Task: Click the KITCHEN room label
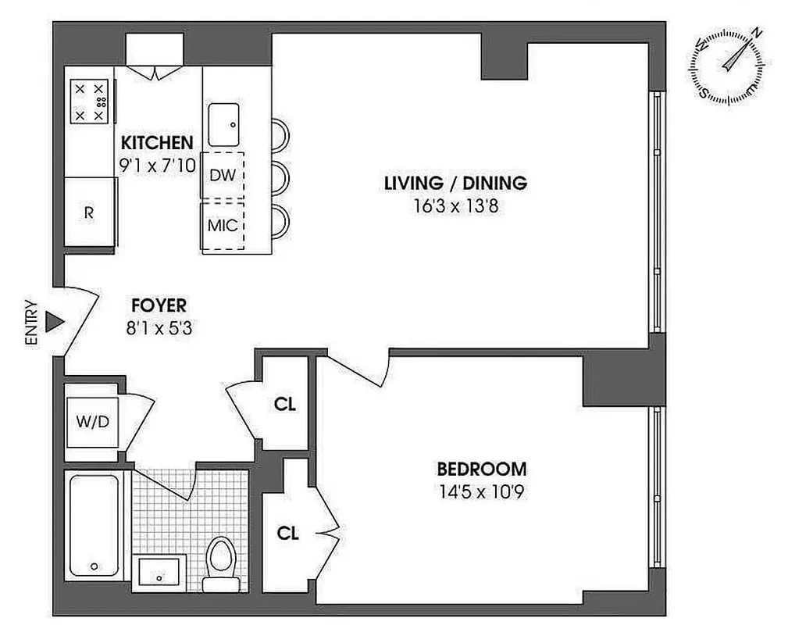156,143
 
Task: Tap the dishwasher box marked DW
223,175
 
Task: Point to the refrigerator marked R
89,212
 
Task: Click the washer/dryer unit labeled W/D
92,422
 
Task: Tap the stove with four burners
90,102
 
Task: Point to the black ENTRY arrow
53,322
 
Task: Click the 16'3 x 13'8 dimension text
455,206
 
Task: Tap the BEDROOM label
481,470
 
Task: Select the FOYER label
159,306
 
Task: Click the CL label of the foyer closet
285,405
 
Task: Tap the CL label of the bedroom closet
288,534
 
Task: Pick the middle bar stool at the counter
279,178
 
